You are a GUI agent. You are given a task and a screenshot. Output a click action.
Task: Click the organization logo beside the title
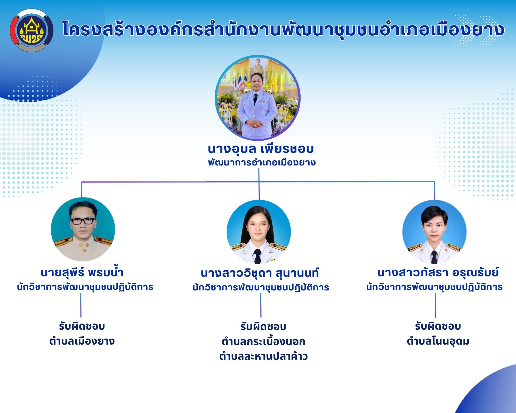[32, 30]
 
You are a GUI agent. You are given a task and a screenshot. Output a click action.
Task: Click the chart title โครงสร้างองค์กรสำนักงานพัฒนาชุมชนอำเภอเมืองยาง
[283, 29]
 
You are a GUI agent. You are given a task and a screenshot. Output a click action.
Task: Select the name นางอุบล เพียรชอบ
[261, 149]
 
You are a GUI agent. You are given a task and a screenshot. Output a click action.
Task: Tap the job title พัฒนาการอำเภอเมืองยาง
[262, 163]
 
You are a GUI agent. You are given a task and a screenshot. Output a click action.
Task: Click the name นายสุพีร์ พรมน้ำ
[82, 272]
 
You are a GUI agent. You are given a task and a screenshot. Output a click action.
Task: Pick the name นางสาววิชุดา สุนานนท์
[260, 273]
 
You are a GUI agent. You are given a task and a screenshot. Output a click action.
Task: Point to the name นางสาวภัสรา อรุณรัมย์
[438, 272]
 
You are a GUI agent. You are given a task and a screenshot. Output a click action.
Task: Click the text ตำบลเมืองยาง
[82, 341]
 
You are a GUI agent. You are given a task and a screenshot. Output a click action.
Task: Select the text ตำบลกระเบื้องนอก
[263, 341]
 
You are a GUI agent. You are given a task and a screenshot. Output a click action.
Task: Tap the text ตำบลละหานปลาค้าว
[263, 356]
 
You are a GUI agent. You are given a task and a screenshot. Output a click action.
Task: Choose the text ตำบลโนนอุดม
[438, 341]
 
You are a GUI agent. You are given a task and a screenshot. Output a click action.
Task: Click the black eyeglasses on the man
[83, 221]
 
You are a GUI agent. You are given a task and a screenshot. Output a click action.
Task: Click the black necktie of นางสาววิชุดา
[257, 256]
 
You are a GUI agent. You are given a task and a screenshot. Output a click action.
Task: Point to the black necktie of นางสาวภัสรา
[434, 257]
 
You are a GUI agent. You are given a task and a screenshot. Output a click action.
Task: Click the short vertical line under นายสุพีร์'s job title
[81, 305]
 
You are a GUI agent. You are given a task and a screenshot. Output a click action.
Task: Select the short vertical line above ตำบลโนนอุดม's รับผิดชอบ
[436, 306]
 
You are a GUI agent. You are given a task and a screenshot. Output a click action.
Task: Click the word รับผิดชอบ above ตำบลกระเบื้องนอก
[263, 327]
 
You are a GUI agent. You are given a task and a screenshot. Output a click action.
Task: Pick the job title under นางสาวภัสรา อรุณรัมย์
[434, 287]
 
